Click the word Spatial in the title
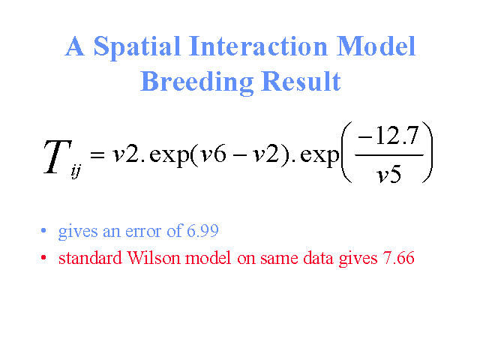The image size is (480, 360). (136, 47)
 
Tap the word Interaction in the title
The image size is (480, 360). (258, 46)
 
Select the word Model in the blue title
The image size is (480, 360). (376, 46)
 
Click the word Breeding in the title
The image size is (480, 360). (196, 82)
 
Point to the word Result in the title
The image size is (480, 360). (301, 81)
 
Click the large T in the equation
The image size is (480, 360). (57, 157)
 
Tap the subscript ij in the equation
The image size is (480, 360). (76, 172)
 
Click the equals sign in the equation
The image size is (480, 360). (97, 154)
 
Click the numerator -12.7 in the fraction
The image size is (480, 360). (388, 136)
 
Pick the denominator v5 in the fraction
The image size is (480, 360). (388, 175)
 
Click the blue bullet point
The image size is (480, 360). (43, 230)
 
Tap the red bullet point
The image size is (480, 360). (43, 258)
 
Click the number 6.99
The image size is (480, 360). (202, 231)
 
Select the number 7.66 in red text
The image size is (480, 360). (398, 258)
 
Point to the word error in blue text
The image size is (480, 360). (143, 232)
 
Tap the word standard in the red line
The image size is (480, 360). (90, 258)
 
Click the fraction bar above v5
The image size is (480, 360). (389, 155)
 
